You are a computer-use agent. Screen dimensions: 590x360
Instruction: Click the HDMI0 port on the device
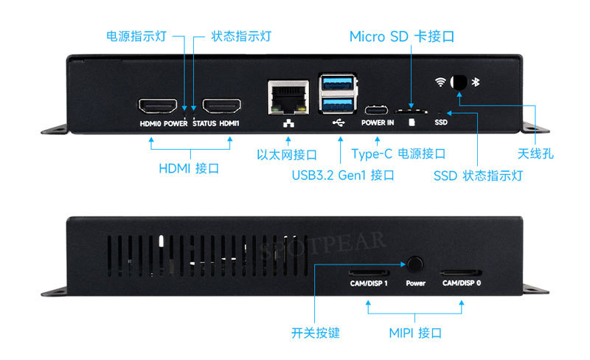click(157, 105)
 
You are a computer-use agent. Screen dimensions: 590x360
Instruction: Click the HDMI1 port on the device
click(222, 105)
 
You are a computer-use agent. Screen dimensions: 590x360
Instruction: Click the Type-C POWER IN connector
click(378, 108)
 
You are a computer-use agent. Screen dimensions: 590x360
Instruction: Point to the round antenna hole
click(459, 82)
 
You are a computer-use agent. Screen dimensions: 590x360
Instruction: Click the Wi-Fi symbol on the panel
click(440, 82)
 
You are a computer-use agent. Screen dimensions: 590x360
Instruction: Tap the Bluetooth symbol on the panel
click(476, 82)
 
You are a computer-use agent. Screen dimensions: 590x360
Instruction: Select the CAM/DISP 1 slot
click(369, 271)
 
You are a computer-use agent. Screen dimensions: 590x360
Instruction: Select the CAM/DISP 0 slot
click(462, 271)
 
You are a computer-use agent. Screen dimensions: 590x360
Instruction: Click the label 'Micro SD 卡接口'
click(401, 36)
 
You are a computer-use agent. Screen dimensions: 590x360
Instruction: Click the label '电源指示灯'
click(136, 36)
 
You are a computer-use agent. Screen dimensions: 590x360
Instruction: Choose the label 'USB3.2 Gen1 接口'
click(343, 176)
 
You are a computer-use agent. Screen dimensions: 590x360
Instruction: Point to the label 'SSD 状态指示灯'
click(479, 176)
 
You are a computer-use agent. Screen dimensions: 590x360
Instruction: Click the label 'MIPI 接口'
click(415, 333)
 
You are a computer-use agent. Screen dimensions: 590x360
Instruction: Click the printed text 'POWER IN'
click(378, 122)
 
